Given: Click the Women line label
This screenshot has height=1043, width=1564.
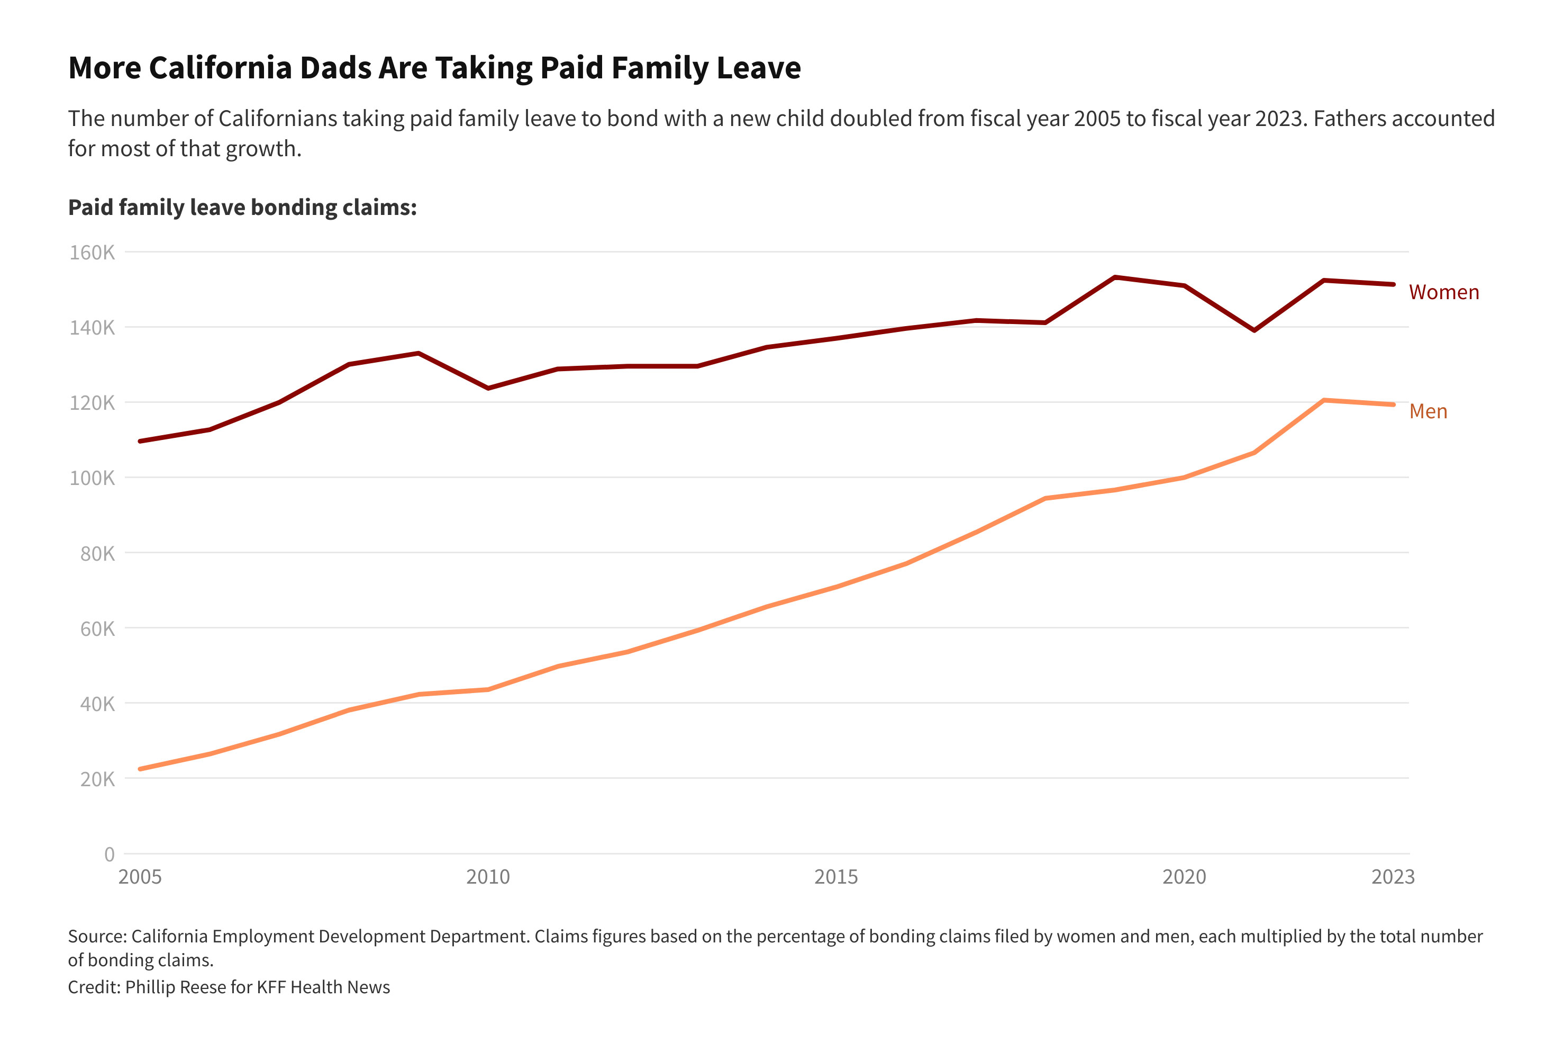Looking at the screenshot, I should [x=1443, y=292].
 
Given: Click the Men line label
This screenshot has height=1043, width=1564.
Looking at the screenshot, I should [x=1427, y=411].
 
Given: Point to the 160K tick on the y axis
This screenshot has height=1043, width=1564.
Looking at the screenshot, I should [x=93, y=252].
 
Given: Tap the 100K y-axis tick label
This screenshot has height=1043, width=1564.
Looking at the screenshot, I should [x=93, y=478].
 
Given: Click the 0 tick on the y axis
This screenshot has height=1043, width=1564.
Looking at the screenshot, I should [x=109, y=854].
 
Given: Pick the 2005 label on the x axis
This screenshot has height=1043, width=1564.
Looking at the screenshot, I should [x=140, y=877].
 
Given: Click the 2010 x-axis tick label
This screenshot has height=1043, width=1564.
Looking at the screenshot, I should [x=488, y=877].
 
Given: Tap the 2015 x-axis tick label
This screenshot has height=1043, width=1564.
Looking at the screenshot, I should [x=836, y=877].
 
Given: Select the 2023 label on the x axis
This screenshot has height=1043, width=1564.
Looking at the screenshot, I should [x=1393, y=877].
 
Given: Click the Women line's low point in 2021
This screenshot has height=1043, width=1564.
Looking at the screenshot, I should [x=1253, y=330].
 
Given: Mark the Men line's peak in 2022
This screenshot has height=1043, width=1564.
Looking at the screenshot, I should [x=1323, y=400].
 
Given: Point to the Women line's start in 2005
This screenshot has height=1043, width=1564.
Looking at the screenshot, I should [x=140, y=441].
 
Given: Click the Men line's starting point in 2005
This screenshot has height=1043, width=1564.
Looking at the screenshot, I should [x=140, y=769].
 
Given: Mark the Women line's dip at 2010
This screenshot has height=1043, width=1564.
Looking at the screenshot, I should [x=488, y=388].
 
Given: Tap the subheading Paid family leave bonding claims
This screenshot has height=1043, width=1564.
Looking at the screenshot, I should [x=242, y=208].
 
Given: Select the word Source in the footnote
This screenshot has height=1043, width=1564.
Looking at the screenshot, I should [x=96, y=937].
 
